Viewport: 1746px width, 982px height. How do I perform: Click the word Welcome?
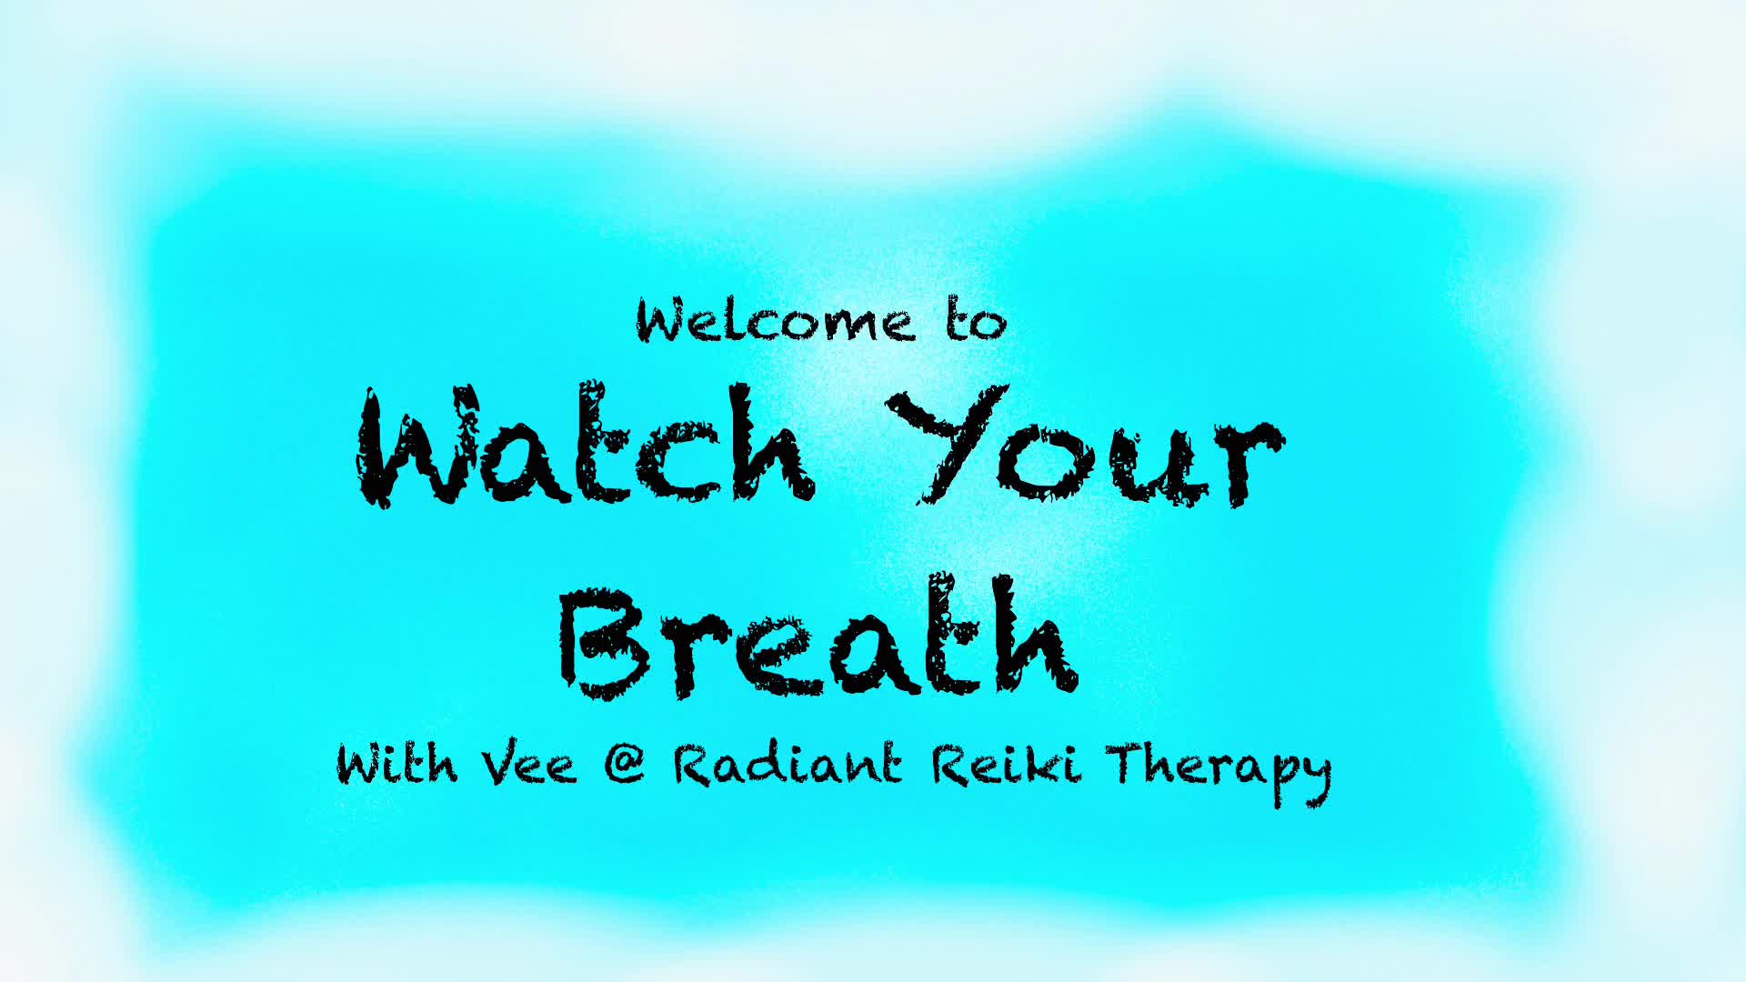[775, 320]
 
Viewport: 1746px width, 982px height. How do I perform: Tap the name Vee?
[529, 764]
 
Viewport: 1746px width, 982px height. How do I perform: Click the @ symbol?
[625, 764]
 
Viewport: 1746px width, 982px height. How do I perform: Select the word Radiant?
[788, 764]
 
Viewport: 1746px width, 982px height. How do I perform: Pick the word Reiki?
[1007, 764]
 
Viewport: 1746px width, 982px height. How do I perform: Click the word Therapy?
[1219, 773]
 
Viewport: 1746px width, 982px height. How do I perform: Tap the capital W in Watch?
[416, 446]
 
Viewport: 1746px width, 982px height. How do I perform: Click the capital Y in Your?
[946, 444]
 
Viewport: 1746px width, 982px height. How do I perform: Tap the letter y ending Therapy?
[1311, 779]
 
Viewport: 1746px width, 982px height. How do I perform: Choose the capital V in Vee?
[502, 764]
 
